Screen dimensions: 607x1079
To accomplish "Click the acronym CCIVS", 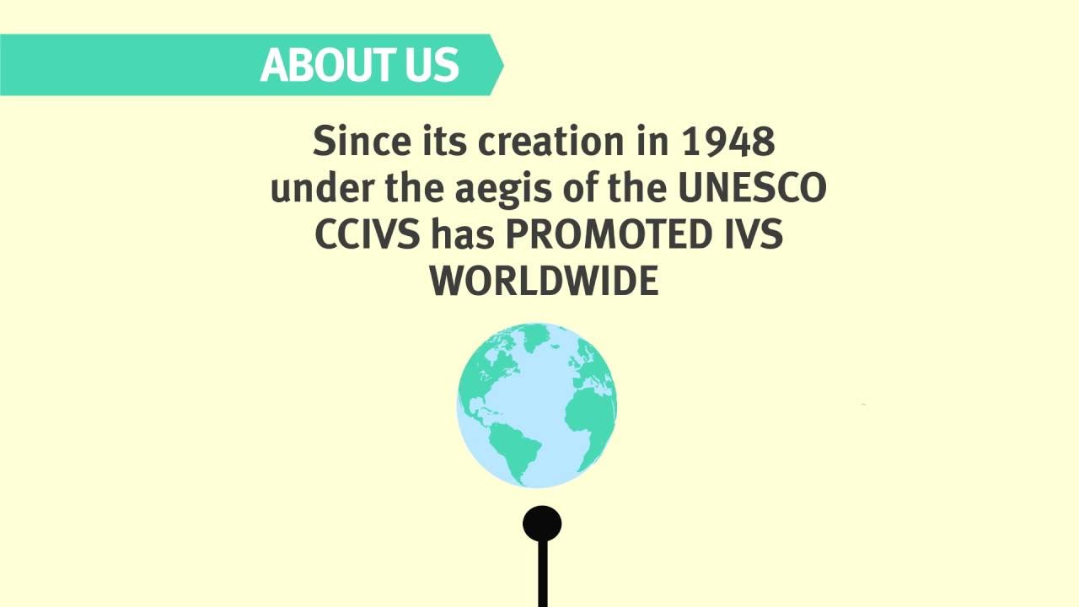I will coord(367,235).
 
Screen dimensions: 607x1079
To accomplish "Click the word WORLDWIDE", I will coord(544,282).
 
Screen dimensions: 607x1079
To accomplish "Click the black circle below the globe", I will coord(542,524).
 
